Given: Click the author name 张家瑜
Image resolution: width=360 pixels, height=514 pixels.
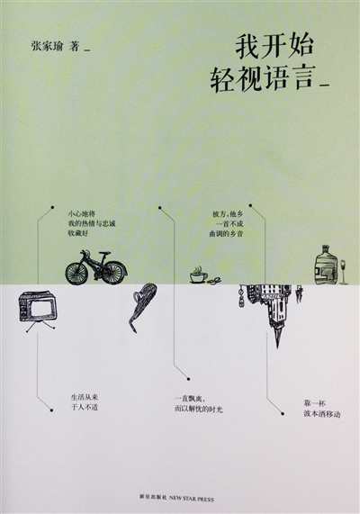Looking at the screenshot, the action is click(x=47, y=45).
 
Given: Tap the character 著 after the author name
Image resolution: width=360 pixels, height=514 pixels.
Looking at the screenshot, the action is click(x=75, y=45).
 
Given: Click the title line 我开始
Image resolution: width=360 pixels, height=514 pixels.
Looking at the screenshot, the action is click(x=274, y=47).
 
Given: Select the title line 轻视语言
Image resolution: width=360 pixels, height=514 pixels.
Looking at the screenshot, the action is click(x=263, y=78).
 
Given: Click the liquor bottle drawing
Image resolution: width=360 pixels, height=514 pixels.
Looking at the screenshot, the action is click(x=326, y=265).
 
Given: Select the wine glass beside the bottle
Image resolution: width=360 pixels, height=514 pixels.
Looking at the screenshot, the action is click(x=343, y=272).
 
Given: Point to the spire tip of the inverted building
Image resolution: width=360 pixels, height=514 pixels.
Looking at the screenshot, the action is click(x=278, y=347).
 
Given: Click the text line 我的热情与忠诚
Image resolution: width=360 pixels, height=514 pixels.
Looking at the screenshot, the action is click(x=92, y=224).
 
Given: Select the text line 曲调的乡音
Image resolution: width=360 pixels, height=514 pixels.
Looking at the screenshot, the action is click(x=226, y=234).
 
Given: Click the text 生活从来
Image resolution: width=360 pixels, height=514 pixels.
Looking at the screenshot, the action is click(x=85, y=397).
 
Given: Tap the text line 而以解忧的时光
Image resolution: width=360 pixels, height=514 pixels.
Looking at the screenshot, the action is click(x=199, y=409).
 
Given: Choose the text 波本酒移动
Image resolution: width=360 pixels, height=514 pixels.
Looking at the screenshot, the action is click(x=322, y=414).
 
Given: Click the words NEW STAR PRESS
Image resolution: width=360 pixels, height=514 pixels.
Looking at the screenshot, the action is click(x=192, y=500).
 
